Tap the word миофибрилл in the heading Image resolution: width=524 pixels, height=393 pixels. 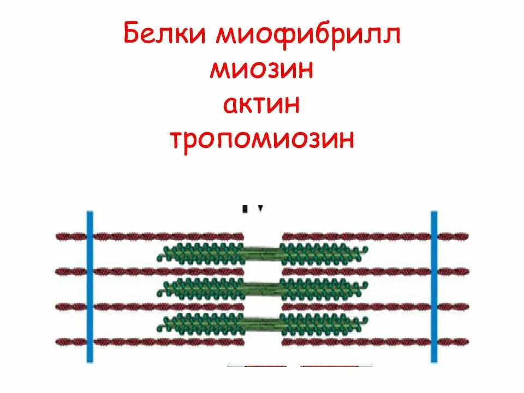(309, 35)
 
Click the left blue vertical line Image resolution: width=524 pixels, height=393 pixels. (91, 287)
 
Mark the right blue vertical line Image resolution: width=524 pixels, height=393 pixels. (434, 287)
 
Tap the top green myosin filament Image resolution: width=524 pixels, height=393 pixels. (262, 253)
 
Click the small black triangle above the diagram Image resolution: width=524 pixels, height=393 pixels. (261, 208)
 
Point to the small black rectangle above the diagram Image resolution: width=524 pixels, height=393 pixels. (245, 209)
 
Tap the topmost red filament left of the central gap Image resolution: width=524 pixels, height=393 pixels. (164, 236)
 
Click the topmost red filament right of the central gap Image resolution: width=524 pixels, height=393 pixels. (355, 236)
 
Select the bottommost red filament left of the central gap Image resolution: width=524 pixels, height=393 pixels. (164, 342)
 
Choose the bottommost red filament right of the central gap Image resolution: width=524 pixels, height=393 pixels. (355, 342)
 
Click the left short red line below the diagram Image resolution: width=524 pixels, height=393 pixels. (265, 365)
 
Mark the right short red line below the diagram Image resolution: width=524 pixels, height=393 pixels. (330, 365)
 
